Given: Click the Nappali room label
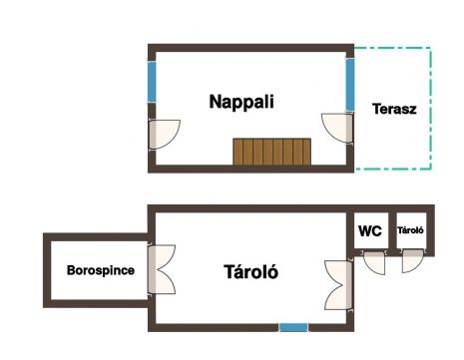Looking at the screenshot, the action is click(241, 102).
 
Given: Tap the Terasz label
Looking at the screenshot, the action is click(394, 109).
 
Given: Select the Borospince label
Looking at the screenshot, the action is click(101, 270).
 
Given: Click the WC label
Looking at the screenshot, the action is click(370, 230).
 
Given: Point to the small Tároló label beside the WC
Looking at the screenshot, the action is click(410, 230).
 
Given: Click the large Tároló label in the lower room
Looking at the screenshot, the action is click(251, 272).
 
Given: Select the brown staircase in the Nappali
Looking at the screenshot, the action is click(272, 152).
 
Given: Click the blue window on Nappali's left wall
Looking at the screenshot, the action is click(152, 82).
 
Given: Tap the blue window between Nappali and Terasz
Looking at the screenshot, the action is click(350, 85).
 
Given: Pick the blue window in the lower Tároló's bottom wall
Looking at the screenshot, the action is click(293, 327).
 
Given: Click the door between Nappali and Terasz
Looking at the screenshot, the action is click(336, 129).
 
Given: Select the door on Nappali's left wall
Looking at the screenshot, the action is click(164, 135).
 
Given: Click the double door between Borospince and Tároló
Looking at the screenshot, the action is click(162, 269).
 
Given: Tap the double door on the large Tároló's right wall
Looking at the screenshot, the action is click(338, 285).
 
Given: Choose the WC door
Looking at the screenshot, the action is click(374, 262).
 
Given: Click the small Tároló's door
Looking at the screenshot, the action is click(412, 262).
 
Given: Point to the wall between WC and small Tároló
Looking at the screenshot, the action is click(392, 230).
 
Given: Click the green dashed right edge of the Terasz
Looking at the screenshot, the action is click(431, 109).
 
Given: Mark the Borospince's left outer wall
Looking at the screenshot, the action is click(47, 270).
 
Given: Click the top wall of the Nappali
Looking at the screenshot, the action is click(250, 48).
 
